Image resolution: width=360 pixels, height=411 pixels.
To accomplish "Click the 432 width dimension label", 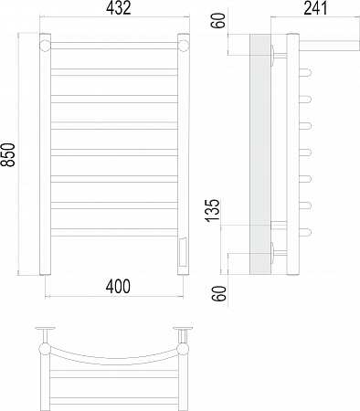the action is tap(119, 8).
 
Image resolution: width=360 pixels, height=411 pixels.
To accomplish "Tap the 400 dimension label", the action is tap(118, 287).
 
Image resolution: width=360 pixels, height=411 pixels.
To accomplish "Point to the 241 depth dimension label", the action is tap(315, 8).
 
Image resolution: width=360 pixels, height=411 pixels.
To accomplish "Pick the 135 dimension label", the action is tap(212, 210).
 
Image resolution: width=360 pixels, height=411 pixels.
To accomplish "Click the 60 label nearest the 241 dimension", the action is tap(219, 21).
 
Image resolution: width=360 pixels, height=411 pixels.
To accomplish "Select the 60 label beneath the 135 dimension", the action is tap(219, 294).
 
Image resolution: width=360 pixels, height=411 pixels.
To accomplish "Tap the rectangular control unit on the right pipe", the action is tap(184, 252).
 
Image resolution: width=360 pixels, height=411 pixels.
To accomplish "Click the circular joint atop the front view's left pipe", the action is tap(45, 46).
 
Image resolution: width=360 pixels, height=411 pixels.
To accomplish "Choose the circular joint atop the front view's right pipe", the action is tap(184, 46).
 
